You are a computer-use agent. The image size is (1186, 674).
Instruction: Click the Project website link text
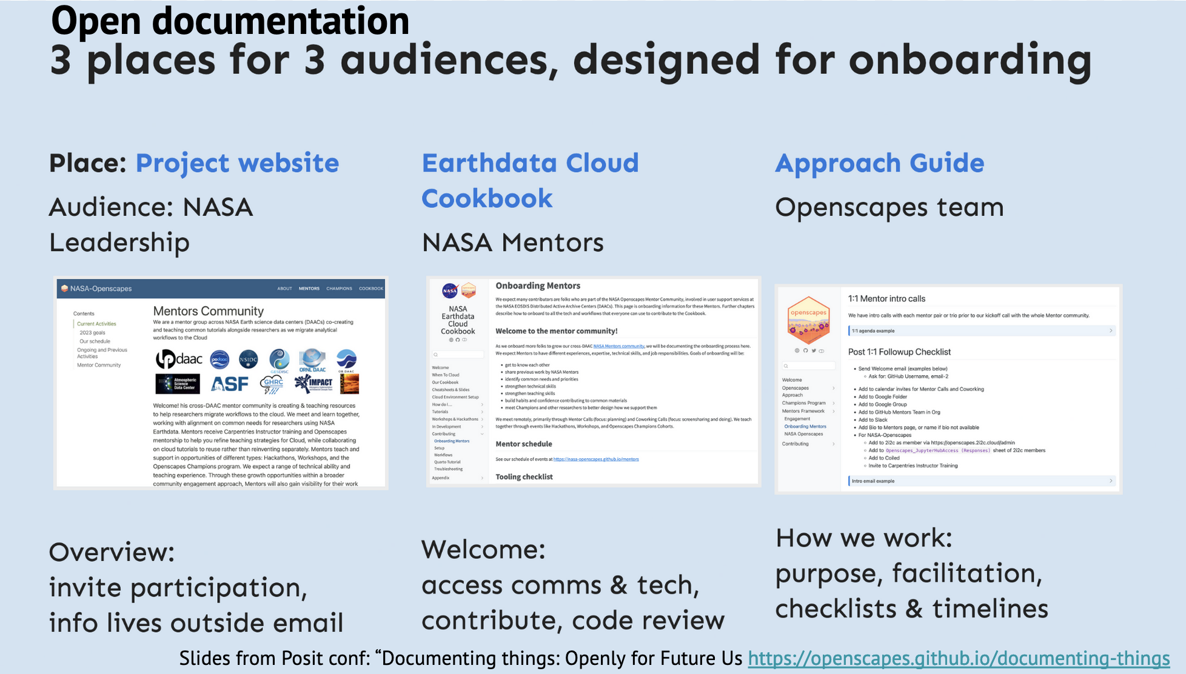click(x=237, y=163)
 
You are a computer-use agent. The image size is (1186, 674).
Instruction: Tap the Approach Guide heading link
click(x=879, y=163)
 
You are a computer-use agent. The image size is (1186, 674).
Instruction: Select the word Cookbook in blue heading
click(x=487, y=198)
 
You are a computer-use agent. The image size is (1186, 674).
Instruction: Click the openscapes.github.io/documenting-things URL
click(x=958, y=658)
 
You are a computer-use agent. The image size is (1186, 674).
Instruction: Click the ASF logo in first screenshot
click(x=229, y=384)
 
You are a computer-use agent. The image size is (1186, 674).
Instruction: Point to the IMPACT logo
click(x=313, y=382)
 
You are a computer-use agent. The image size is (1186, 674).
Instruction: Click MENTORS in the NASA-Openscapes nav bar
click(x=309, y=289)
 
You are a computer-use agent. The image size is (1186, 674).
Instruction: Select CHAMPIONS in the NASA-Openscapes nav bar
click(x=339, y=289)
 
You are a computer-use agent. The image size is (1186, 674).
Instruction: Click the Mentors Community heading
click(x=208, y=311)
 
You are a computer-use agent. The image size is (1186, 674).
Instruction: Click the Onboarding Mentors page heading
click(x=537, y=285)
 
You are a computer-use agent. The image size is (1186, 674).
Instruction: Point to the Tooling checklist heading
click(x=524, y=477)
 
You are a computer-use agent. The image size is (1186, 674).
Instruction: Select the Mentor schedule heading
click(x=523, y=444)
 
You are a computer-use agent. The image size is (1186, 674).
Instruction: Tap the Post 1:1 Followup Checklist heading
click(x=899, y=352)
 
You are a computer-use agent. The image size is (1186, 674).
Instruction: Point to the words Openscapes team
click(x=889, y=207)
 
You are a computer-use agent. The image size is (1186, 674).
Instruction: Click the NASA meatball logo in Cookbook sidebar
click(x=450, y=291)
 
